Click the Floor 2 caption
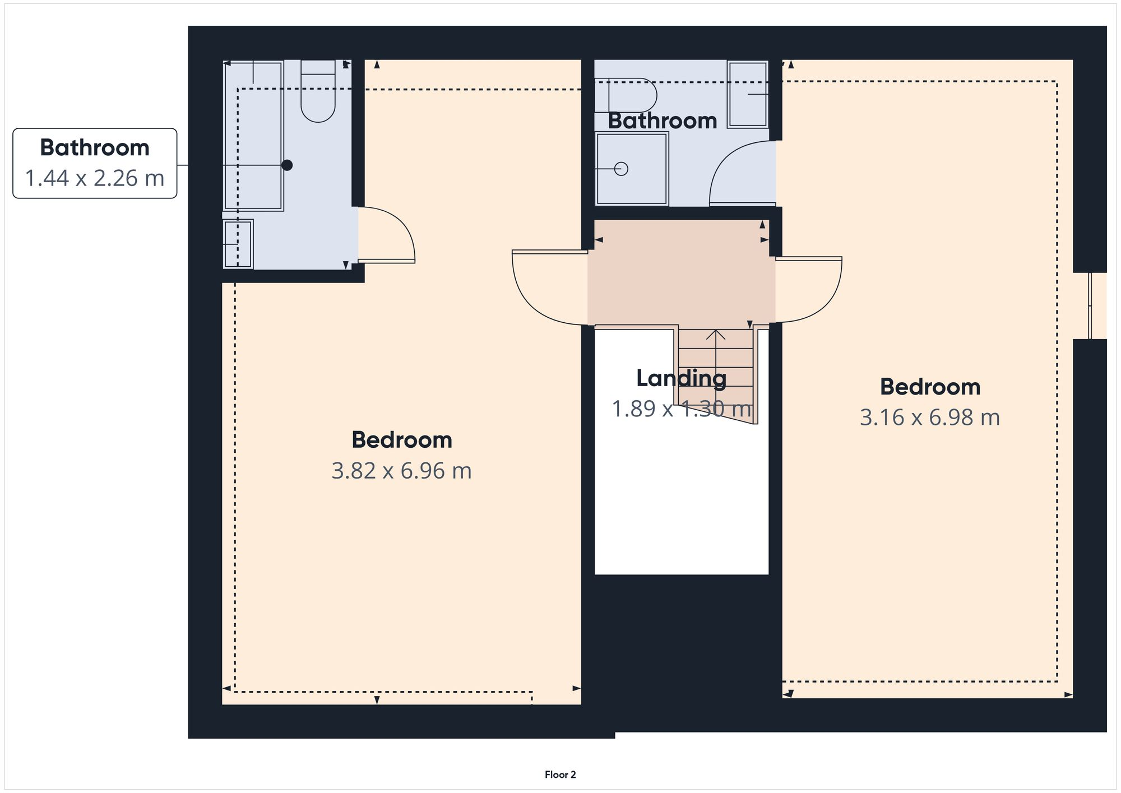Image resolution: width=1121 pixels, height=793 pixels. click(560, 775)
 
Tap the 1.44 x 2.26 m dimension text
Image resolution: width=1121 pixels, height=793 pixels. click(95, 178)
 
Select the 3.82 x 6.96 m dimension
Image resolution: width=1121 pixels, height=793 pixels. click(401, 471)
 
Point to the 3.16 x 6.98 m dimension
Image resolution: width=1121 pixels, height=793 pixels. click(929, 418)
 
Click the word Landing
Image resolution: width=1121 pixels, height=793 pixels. click(681, 378)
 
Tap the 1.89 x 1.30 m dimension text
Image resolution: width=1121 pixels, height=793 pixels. click(681, 409)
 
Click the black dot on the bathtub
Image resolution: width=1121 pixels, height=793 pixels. click(287, 165)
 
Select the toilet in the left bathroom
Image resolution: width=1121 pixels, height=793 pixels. click(318, 92)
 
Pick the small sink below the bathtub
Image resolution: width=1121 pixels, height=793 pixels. click(238, 244)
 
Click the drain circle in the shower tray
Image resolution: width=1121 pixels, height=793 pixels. click(621, 168)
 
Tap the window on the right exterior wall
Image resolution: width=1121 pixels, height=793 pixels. click(1091, 305)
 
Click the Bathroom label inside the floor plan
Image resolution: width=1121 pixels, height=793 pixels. click(662, 121)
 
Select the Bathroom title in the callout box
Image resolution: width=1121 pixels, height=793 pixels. click(95, 147)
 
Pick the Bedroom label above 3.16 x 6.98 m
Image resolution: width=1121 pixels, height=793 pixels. click(929, 387)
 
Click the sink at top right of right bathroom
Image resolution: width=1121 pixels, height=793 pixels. click(748, 94)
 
